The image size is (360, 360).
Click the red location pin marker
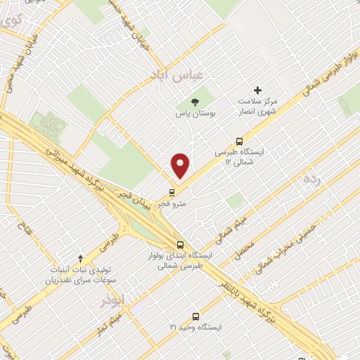coord(181,165)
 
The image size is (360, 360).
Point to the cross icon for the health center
coord(258,90)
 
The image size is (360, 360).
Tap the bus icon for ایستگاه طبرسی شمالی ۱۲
coord(240,141)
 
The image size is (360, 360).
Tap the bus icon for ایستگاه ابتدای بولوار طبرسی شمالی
coord(181,245)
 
